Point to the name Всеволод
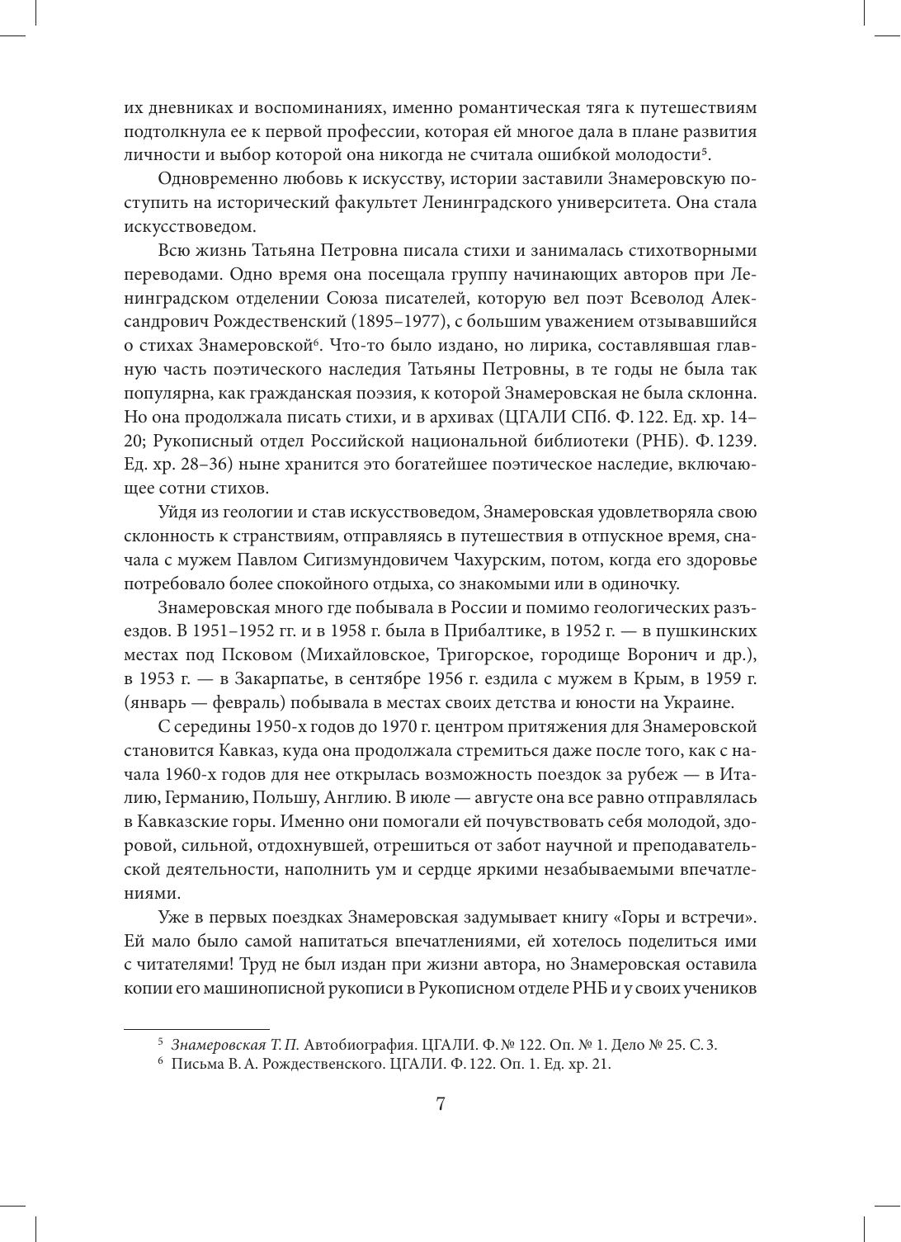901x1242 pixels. [657, 298]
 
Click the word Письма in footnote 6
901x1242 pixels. [193, 1065]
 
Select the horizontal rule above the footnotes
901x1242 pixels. [196, 1029]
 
